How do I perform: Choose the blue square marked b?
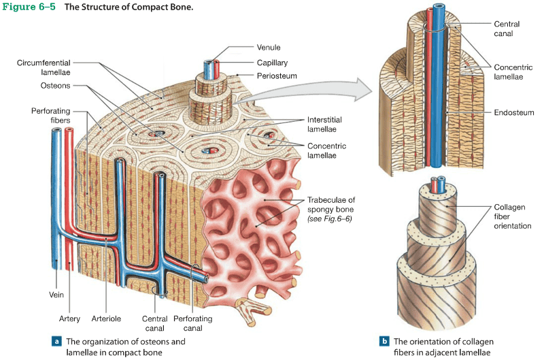click(x=384, y=341)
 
